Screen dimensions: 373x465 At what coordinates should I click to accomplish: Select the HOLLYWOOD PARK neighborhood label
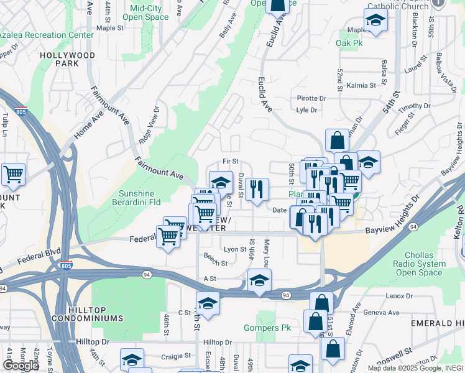[67, 59]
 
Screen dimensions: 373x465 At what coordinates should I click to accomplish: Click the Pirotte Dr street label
[311, 98]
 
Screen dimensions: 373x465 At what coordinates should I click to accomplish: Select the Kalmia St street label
[362, 85]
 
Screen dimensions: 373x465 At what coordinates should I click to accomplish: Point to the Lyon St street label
[235, 249]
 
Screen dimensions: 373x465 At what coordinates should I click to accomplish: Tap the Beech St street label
[215, 263]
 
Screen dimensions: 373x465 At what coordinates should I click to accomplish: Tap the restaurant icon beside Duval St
[257, 188]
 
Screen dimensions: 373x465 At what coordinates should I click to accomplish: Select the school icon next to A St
[259, 280]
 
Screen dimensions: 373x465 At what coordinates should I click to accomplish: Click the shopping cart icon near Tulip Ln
[13, 175]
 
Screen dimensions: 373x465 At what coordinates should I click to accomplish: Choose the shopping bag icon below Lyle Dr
[336, 140]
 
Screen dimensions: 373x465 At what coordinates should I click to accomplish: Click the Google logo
[21, 366]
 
